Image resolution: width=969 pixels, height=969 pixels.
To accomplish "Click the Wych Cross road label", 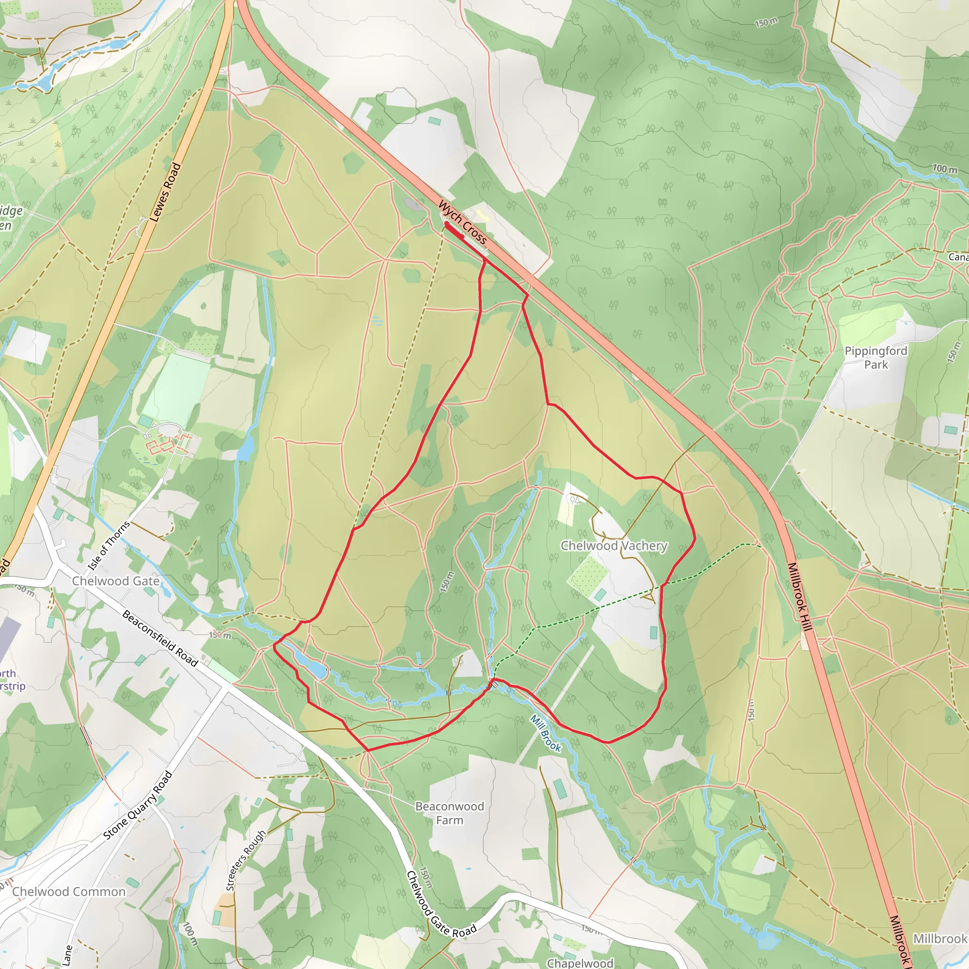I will coord(462,222).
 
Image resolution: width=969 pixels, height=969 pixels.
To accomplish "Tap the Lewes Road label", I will coord(166,192).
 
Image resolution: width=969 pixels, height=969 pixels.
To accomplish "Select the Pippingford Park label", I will coord(876,358).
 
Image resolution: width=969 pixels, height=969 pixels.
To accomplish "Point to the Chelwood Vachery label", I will coord(614,546).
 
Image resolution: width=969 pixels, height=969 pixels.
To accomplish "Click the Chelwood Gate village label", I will coord(116,581).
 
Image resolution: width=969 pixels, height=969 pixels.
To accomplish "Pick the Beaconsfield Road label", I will coord(160,638).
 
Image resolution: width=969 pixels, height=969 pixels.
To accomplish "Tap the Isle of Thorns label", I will coord(109,546).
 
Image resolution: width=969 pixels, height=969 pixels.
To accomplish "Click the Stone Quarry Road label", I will coord(138,805).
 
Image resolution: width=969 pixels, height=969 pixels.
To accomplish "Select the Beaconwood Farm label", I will coord(449,813).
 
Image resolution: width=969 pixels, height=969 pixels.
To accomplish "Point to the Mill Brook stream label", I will coord(546,733).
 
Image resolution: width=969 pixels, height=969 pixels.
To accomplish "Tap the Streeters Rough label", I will coord(246,860).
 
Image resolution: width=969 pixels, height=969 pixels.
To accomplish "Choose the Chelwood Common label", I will coord(69,891).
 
